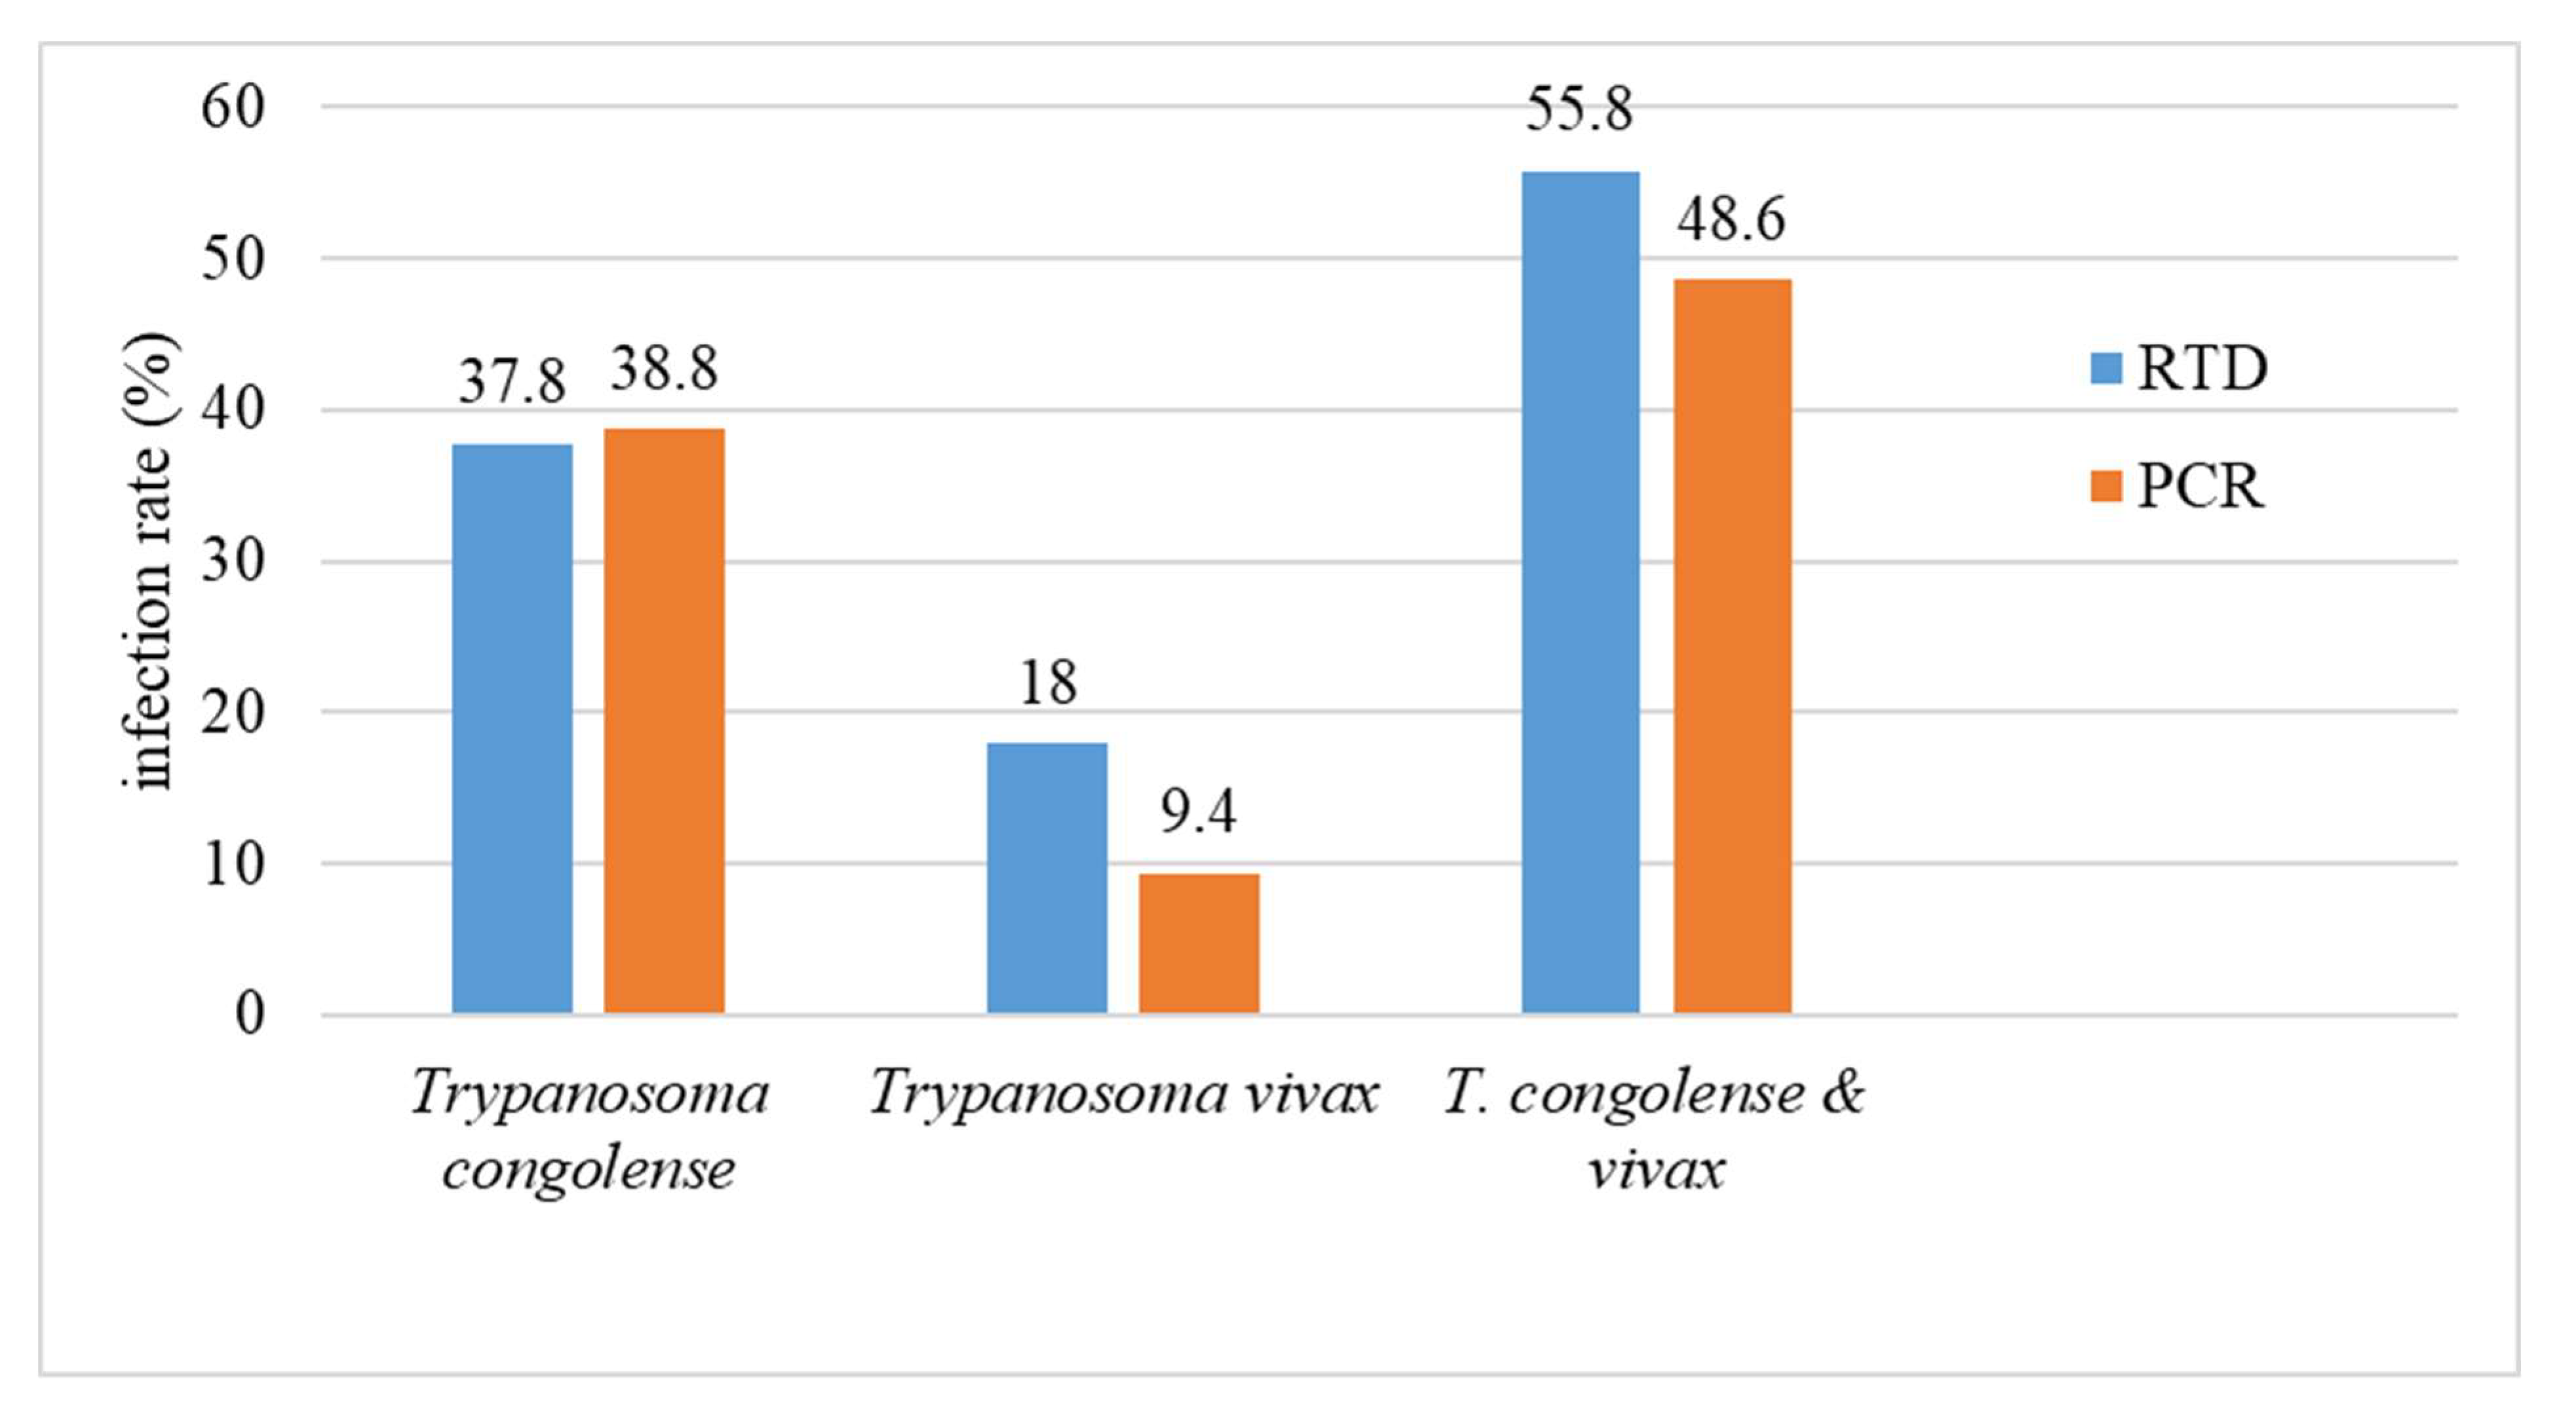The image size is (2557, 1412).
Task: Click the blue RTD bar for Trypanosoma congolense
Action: click(x=512, y=730)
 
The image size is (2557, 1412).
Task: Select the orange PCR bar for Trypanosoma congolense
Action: click(x=664, y=721)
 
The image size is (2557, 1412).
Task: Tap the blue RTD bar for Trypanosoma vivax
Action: click(x=1047, y=878)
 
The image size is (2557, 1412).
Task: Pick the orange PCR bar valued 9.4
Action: click(x=1199, y=944)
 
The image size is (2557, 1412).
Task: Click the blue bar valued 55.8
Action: click(x=1580, y=593)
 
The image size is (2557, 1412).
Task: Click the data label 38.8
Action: click(x=664, y=369)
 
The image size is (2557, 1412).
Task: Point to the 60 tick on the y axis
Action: click(x=234, y=107)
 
